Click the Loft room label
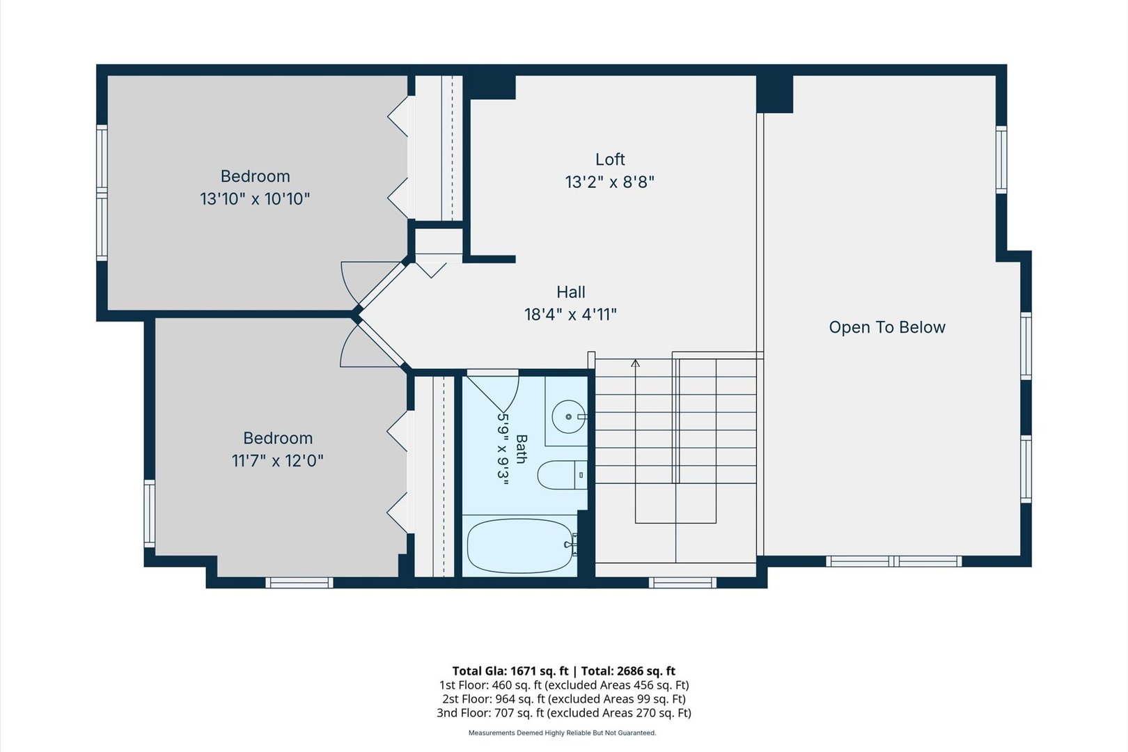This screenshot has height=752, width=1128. pos(610,159)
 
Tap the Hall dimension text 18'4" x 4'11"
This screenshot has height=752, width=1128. pos(570,315)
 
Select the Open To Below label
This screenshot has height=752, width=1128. pos(887,327)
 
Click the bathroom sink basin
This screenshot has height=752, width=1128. pos(569,416)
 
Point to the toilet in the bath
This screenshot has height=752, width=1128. pos(562,475)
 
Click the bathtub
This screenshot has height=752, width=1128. pos(521,546)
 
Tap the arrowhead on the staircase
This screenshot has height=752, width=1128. pos(636,363)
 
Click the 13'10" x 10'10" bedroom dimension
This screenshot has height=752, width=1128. pos(255,199)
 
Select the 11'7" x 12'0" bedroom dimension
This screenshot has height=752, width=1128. pos(277,461)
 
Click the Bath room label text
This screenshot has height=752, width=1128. pos(522,449)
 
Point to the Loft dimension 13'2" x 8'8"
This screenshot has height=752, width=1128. pos(610,182)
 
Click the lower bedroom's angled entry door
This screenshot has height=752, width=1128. pos(372,344)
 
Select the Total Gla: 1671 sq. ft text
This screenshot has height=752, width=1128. pos(510,671)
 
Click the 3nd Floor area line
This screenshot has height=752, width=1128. pos(564,713)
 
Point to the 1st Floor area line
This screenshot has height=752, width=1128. pos(564,685)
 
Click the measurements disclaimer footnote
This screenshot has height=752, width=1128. pos(563,733)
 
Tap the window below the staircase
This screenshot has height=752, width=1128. pos(682,583)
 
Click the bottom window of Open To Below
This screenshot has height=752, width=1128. pos(894,561)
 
